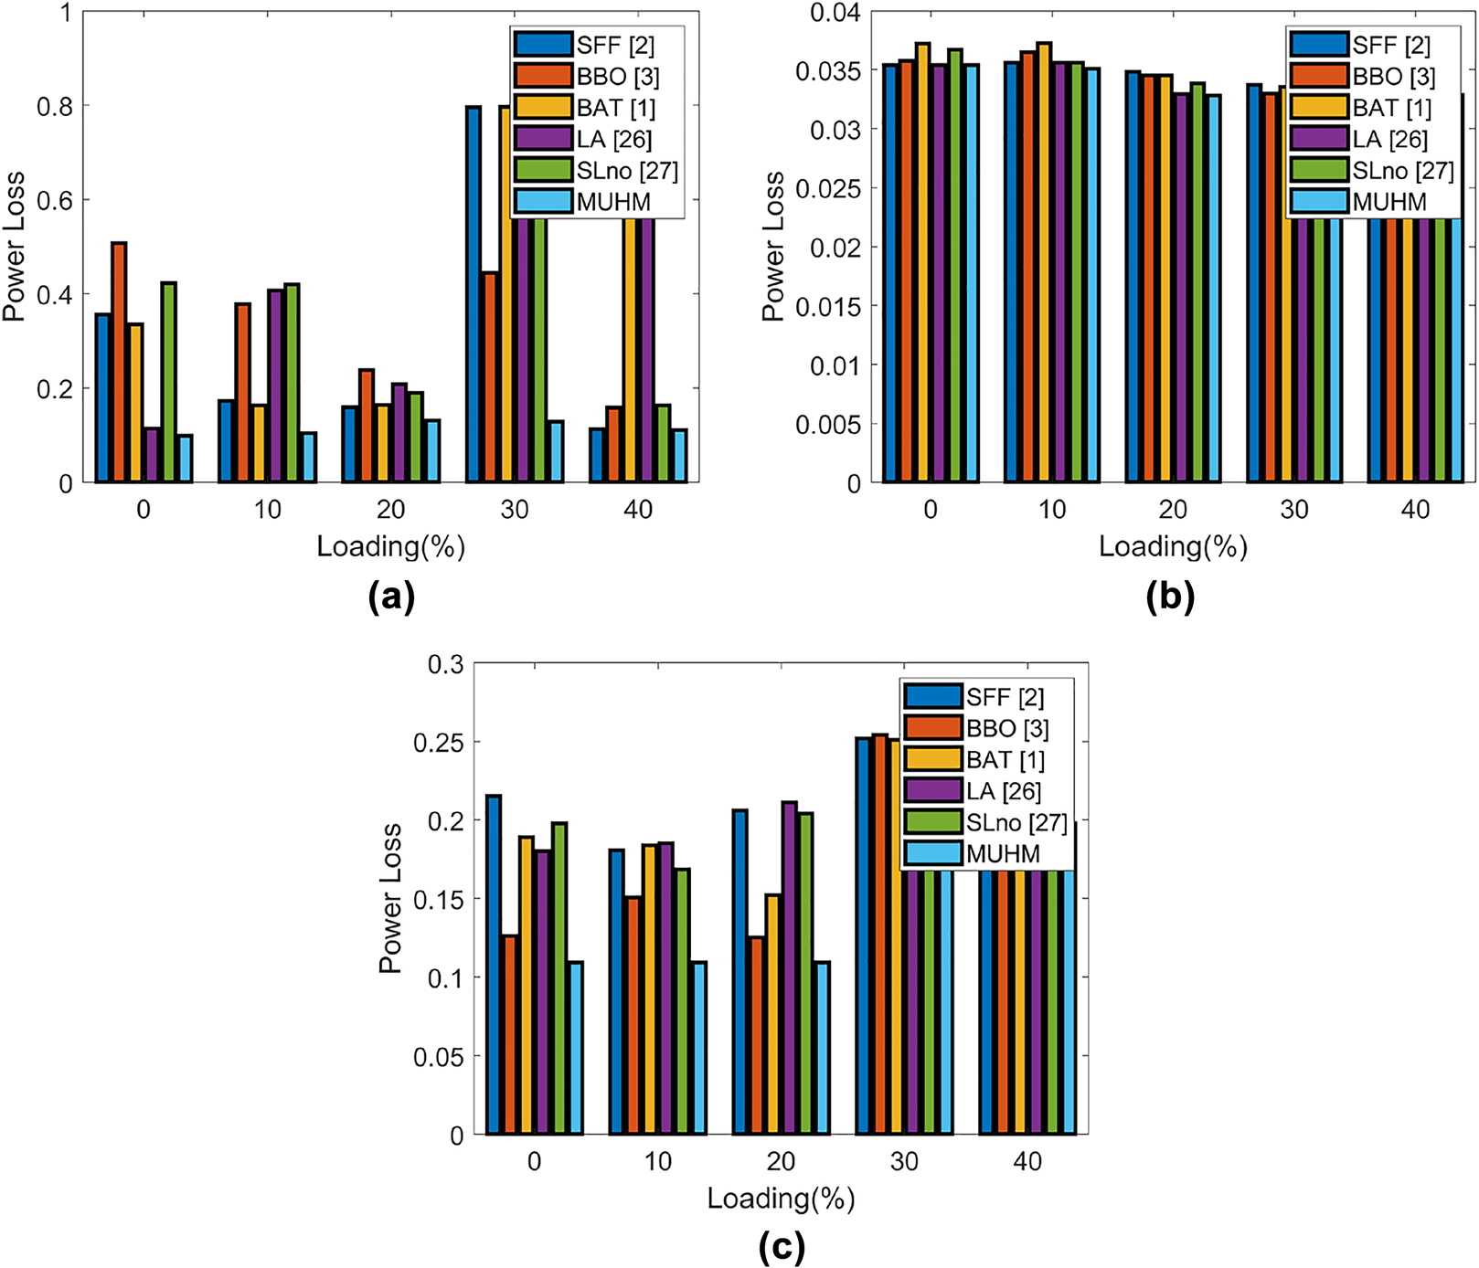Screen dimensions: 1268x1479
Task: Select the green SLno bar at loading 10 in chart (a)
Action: point(293,384)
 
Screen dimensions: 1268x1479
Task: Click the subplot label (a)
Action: point(391,597)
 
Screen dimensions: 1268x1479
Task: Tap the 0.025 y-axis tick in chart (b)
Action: point(829,189)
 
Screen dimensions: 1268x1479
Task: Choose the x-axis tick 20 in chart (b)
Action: point(1173,511)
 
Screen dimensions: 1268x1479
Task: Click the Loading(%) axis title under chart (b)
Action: point(1173,547)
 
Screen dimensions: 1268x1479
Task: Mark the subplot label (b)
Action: point(1170,597)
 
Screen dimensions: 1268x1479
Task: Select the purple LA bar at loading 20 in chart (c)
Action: point(789,968)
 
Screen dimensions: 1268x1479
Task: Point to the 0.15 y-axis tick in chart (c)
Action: point(439,900)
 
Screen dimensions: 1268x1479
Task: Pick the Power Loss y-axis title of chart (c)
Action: point(390,898)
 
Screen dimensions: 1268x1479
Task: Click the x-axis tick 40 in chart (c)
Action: point(1027,1162)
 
